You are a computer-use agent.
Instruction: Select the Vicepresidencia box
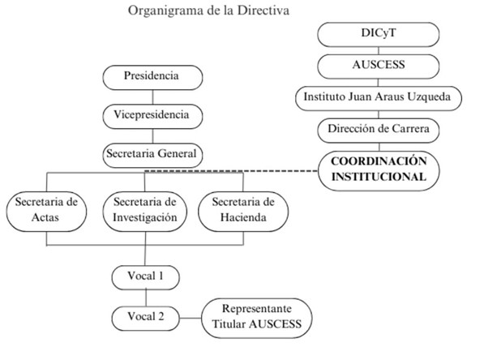151,115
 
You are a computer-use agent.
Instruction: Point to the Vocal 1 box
146,276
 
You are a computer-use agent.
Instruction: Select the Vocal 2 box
146,315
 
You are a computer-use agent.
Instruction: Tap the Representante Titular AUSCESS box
255,318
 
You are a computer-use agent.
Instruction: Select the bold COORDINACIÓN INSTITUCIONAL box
379,169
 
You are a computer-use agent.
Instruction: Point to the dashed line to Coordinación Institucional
235,171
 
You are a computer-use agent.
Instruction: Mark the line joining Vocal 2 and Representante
191,316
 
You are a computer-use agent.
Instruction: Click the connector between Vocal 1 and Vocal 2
146,296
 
